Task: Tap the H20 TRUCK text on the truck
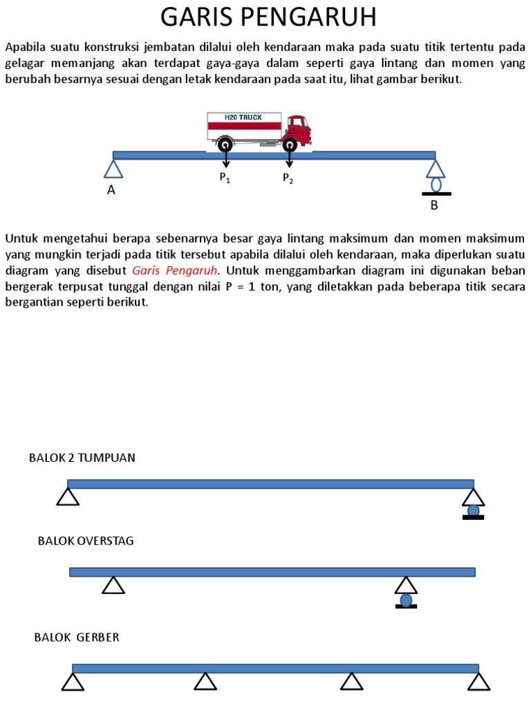(243, 118)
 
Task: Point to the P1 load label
(225, 178)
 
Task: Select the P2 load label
(288, 178)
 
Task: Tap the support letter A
(111, 192)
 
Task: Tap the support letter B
(434, 205)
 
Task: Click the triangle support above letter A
(113, 169)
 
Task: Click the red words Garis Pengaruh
(174, 270)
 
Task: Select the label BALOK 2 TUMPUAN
(82, 458)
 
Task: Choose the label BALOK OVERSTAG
(86, 541)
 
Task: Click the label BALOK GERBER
(77, 637)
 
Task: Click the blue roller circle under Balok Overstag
(406, 600)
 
